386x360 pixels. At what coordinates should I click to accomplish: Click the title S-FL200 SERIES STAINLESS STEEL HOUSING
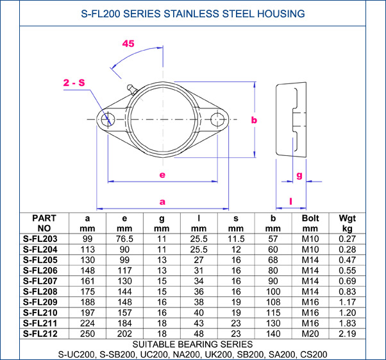click(193, 13)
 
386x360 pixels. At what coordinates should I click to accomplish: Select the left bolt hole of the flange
click(107, 119)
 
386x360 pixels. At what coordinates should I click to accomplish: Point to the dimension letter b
click(254, 120)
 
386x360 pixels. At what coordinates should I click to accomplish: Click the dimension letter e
click(162, 175)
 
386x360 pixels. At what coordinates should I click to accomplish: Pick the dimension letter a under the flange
click(162, 201)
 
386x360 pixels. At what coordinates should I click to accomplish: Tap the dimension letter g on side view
click(299, 175)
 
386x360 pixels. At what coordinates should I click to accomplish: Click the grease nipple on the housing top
click(131, 88)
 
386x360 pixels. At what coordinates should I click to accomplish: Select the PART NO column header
click(44, 223)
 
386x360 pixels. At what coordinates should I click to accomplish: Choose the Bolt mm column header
click(310, 223)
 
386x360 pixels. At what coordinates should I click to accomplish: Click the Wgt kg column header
click(347, 223)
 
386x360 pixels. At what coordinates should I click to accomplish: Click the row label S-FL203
click(40, 239)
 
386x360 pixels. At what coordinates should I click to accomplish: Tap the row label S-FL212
click(40, 333)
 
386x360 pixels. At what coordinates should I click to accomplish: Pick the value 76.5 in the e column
click(124, 239)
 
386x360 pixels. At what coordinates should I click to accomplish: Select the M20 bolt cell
click(310, 333)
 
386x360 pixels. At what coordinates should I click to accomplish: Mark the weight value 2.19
click(347, 333)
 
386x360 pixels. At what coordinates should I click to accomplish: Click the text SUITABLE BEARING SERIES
click(193, 344)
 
